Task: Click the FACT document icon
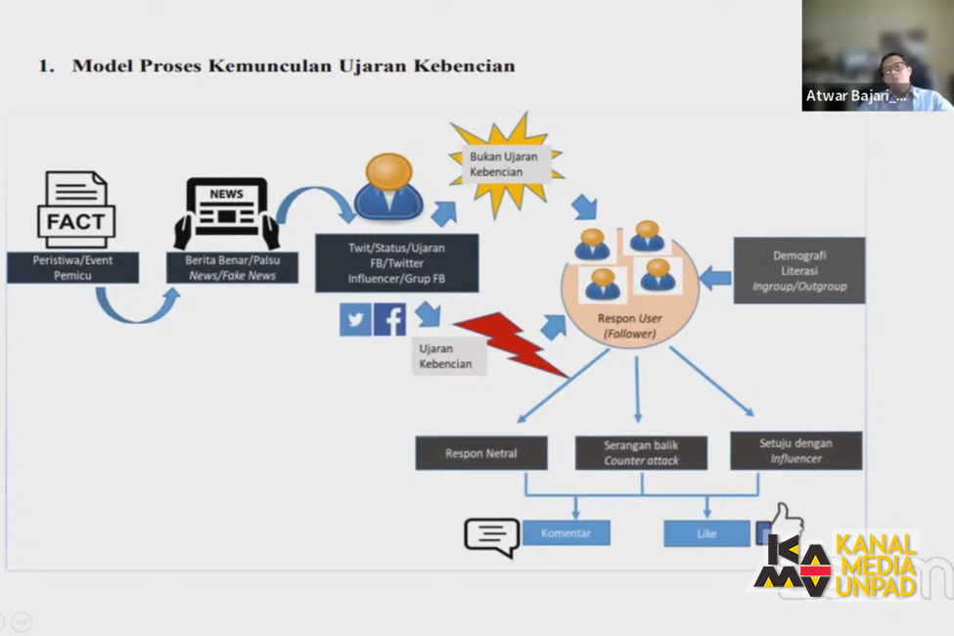coord(75,209)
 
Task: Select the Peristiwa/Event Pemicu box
coord(72,268)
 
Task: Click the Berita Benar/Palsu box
coord(231,268)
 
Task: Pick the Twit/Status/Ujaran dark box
coord(396,262)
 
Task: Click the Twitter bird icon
coord(355,320)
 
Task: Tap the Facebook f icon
coord(389,320)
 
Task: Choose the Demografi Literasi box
coord(799,270)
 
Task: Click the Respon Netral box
coord(480,453)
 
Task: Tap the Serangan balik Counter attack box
coord(641,453)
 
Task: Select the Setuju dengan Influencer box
coord(796,450)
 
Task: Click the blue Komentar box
coord(566,533)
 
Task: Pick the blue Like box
coord(706,533)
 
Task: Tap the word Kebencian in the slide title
coord(464,66)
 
